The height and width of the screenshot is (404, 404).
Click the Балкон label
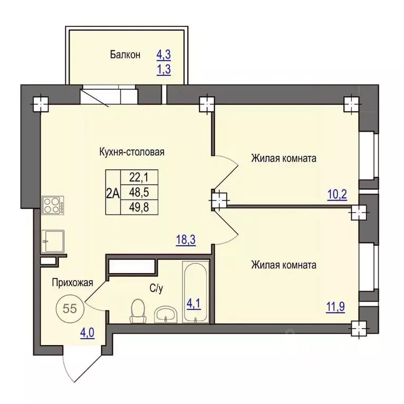(x=125, y=55)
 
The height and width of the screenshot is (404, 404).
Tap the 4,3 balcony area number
(x=164, y=55)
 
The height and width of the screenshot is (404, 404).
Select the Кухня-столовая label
(x=132, y=152)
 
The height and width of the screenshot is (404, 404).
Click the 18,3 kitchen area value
(x=186, y=240)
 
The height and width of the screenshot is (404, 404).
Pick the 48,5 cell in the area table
(x=139, y=192)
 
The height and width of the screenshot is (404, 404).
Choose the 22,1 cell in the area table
(x=139, y=177)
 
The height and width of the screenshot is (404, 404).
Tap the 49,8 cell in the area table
(x=139, y=207)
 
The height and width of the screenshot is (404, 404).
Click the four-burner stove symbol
(x=53, y=205)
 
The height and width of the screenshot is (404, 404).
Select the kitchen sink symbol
(x=53, y=241)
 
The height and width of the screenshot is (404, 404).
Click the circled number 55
(x=70, y=308)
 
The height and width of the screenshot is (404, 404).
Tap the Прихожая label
(x=73, y=283)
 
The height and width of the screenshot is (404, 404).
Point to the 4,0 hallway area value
(x=87, y=333)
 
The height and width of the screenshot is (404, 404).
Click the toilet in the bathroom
(x=138, y=311)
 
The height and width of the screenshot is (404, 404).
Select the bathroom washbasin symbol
(x=165, y=314)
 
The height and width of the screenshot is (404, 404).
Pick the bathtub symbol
(x=196, y=292)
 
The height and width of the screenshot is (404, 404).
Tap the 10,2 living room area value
(x=337, y=195)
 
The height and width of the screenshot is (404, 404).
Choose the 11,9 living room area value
(x=336, y=307)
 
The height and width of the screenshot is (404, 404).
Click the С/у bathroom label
(x=156, y=289)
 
